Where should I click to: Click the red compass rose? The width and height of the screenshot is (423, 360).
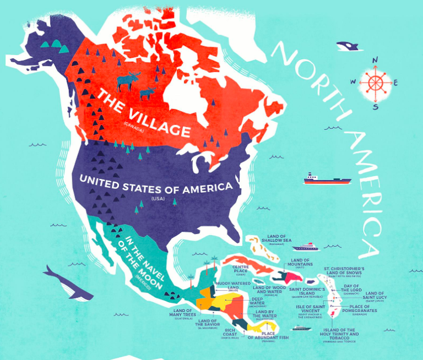(376, 83)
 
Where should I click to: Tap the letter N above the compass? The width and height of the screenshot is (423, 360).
(375, 60)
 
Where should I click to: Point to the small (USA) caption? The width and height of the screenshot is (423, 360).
(157, 198)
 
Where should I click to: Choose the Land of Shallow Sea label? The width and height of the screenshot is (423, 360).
(275, 237)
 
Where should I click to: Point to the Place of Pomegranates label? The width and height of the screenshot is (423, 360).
(363, 309)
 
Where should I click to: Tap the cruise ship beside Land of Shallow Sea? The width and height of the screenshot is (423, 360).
(306, 247)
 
